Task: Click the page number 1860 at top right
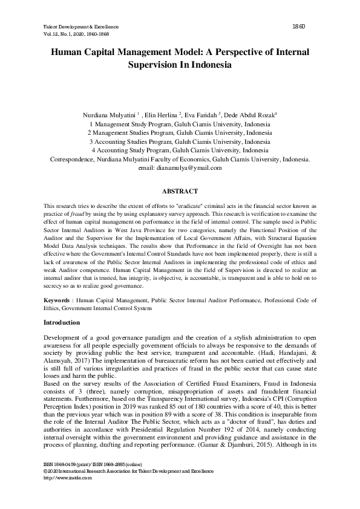[x=297, y=27]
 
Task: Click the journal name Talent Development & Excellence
[x=81, y=27]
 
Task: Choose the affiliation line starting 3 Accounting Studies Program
[x=180, y=141]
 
